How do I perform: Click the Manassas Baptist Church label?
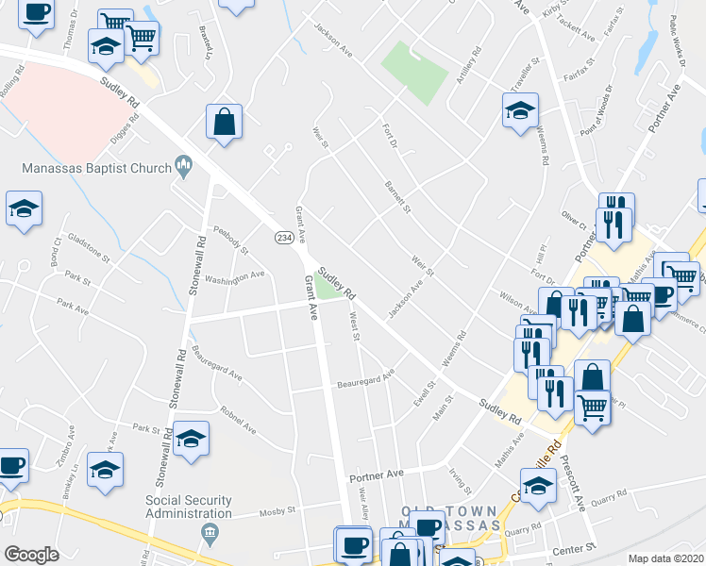tap(92, 169)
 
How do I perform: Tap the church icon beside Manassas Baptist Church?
tap(183, 169)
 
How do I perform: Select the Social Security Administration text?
tap(189, 507)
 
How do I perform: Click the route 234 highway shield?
tap(282, 239)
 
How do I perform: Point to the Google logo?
tap(31, 555)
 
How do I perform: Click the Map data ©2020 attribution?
tap(665, 558)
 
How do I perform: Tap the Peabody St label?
tap(230, 240)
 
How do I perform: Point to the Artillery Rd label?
tap(467, 65)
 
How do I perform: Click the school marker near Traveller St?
tap(520, 111)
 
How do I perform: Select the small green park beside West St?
tap(328, 290)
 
